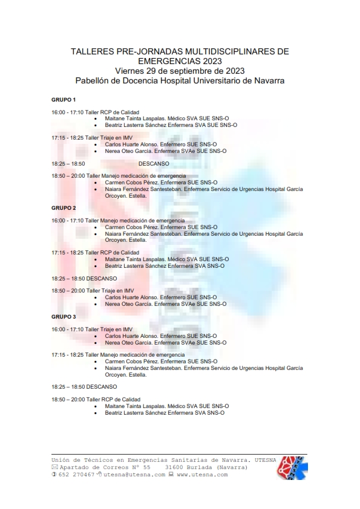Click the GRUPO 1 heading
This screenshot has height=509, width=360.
(x=64, y=99)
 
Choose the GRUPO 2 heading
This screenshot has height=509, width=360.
(x=64, y=207)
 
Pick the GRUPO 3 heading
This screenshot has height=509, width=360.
(x=64, y=316)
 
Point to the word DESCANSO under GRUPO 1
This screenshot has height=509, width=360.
(x=154, y=163)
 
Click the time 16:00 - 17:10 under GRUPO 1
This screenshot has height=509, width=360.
(x=67, y=112)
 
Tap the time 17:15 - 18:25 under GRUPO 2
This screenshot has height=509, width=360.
(x=67, y=253)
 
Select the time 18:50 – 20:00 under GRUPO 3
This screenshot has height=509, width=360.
(x=68, y=400)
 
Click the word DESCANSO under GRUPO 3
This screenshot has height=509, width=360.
(x=102, y=386)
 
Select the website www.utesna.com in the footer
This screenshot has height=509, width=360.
(x=203, y=475)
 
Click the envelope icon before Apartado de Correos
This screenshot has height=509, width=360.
(x=54, y=467)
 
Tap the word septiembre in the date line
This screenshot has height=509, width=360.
(x=194, y=71)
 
